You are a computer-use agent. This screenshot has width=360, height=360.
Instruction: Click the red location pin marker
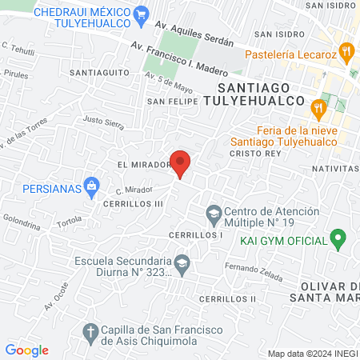[x=181, y=163]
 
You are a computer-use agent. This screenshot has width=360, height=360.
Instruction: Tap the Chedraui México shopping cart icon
[x=142, y=13]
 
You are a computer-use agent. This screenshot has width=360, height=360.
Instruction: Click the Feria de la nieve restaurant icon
[x=319, y=107]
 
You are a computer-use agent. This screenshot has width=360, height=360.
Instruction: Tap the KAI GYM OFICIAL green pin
[x=338, y=238]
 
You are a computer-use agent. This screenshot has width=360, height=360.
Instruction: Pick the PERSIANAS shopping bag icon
[x=91, y=188]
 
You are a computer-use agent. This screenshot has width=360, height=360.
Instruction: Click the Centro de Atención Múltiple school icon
[x=214, y=214]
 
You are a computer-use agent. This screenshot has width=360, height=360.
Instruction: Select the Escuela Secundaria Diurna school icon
[x=183, y=264]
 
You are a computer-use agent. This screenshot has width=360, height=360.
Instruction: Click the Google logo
[x=26, y=350]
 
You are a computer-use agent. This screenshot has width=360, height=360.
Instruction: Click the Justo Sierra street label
[x=104, y=123]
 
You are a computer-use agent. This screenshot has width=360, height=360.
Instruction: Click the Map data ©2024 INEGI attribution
[x=312, y=354]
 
